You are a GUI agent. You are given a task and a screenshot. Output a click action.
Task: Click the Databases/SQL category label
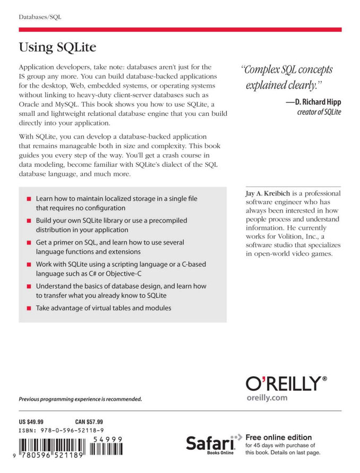point(40,16)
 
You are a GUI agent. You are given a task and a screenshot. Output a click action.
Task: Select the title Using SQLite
point(57,48)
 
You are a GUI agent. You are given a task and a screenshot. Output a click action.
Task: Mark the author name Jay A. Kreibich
point(261,193)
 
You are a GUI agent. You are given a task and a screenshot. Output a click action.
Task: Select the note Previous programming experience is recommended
point(80,399)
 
